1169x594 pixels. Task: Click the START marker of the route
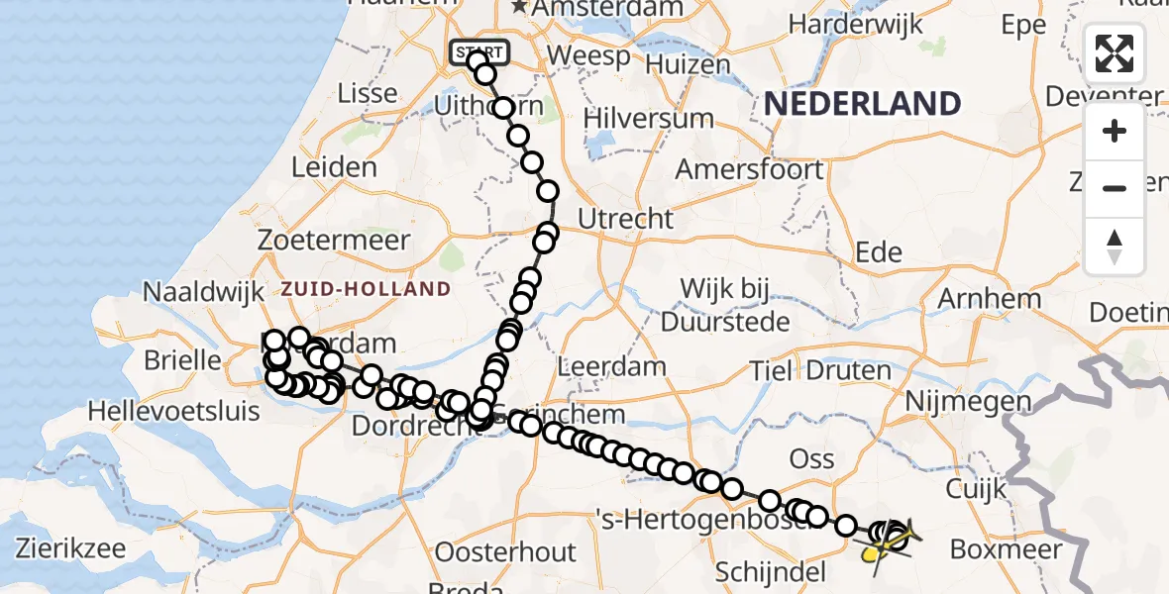(479, 52)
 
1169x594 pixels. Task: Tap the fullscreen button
(1115, 53)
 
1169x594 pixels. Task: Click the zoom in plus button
(1115, 131)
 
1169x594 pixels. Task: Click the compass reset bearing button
(1115, 246)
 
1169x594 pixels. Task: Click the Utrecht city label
(626, 218)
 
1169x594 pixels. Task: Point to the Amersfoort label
(749, 168)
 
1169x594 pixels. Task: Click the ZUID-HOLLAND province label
(366, 289)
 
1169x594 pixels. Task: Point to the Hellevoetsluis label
(174, 409)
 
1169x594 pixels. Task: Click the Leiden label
(334, 166)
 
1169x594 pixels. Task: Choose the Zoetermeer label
(334, 241)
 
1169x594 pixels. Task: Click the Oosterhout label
(505, 551)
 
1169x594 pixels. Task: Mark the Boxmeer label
(1006, 548)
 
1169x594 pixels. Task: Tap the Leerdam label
(612, 366)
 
